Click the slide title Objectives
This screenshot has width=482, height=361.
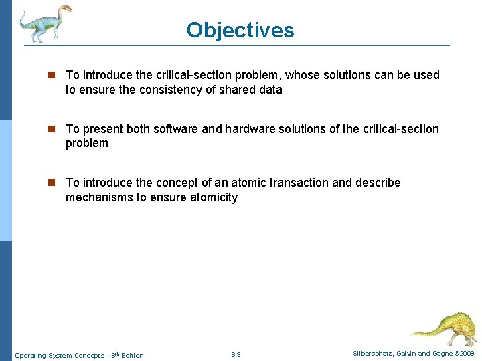(x=240, y=30)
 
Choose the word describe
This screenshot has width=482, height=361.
(x=377, y=183)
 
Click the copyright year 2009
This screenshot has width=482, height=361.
(x=467, y=353)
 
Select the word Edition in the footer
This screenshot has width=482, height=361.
(x=132, y=355)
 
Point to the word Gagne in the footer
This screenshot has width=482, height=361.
(x=441, y=353)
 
